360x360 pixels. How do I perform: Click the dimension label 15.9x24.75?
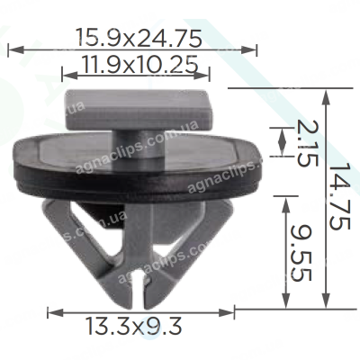tap(139, 38)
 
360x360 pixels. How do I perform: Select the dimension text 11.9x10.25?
tap(139, 64)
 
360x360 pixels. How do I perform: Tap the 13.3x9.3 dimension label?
tap(134, 326)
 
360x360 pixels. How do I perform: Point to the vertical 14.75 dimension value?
tap(339, 196)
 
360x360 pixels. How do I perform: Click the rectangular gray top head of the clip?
tap(139, 109)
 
